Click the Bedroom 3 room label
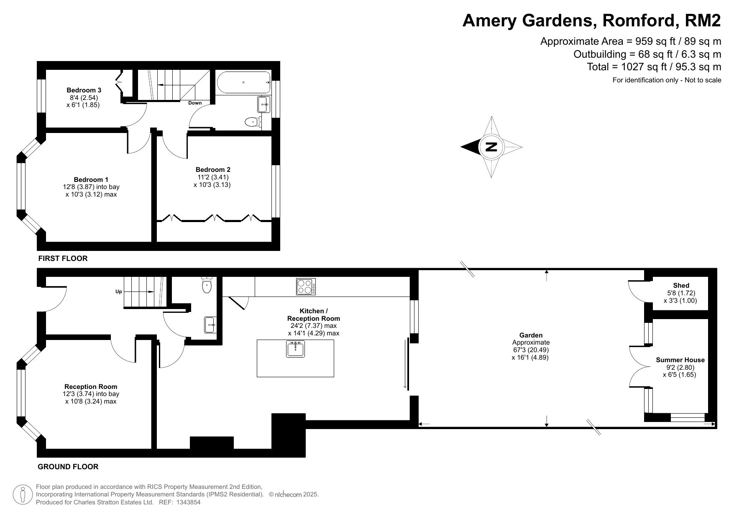tap(84, 90)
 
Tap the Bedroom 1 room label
tap(91, 179)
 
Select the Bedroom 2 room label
tap(213, 169)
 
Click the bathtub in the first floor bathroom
tap(244, 82)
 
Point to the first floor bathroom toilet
tap(252, 122)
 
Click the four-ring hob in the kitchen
tap(306, 286)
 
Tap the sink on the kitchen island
tap(296, 349)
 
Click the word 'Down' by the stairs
tap(195, 103)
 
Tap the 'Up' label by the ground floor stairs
tap(118, 291)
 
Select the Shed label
tap(681, 286)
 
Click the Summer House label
tap(680, 360)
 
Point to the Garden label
tap(531, 335)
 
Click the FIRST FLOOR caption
tap(63, 258)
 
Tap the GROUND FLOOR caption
tap(68, 467)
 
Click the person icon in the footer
tap(23, 495)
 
